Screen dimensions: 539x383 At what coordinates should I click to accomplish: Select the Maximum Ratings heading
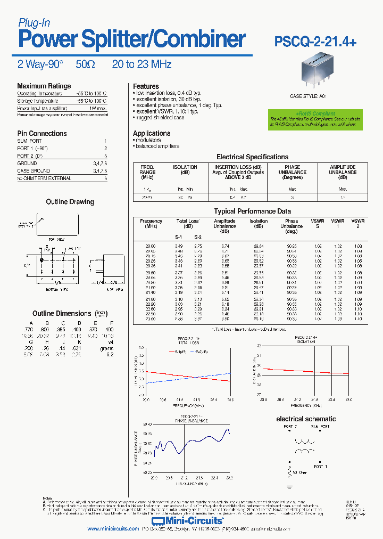(x=44, y=86)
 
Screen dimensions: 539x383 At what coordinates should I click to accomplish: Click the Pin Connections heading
(x=42, y=134)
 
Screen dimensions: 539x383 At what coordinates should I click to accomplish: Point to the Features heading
(x=146, y=86)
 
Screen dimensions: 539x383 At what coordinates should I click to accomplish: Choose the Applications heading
(x=152, y=134)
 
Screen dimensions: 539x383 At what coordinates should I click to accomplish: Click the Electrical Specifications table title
(x=252, y=157)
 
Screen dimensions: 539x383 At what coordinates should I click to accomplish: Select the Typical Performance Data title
(x=252, y=211)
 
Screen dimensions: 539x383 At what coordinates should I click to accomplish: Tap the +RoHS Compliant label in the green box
(x=315, y=114)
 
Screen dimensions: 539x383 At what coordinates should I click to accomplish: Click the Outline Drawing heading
(x=70, y=202)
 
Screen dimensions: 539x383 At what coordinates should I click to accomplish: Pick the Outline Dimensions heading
(x=62, y=314)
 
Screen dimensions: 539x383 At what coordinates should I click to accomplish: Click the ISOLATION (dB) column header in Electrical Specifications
(x=185, y=170)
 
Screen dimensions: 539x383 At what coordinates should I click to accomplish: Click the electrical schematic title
(x=306, y=419)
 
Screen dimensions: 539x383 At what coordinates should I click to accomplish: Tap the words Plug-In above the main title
(x=34, y=22)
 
